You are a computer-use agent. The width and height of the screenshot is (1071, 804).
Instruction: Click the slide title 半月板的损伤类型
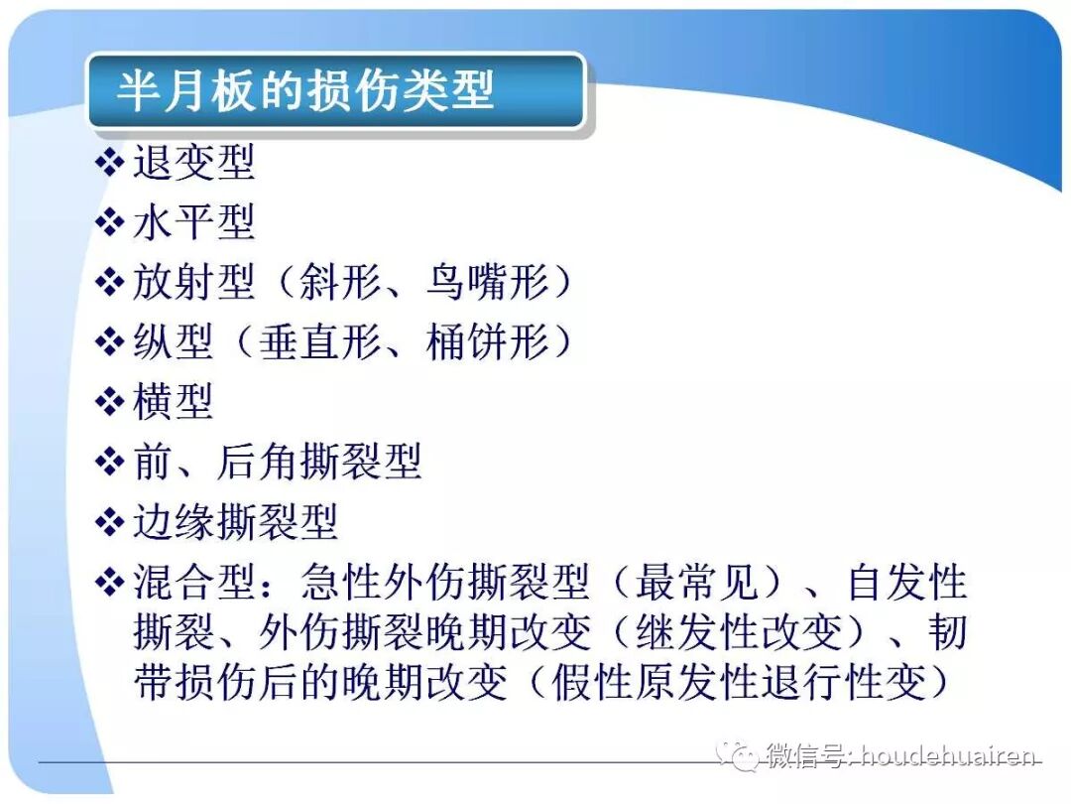tap(305, 91)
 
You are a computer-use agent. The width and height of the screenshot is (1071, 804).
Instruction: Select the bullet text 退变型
tap(194, 163)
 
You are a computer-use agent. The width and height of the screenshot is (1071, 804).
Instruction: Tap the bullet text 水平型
tap(194, 222)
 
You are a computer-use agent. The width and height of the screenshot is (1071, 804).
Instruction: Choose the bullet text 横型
tap(174, 402)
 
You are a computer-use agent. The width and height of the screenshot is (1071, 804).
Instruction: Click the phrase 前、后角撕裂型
tap(278, 462)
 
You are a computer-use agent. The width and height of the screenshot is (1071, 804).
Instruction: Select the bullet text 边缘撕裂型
tap(236, 521)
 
